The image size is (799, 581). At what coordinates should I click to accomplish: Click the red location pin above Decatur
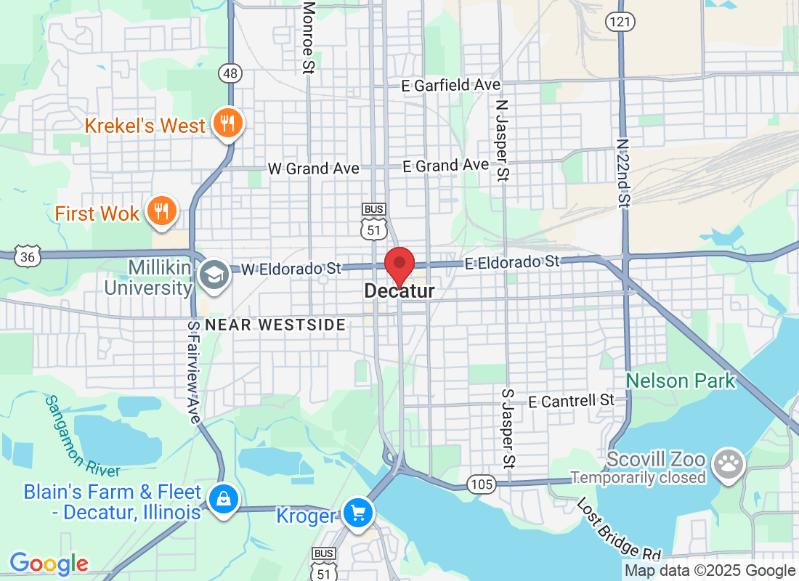[x=399, y=263]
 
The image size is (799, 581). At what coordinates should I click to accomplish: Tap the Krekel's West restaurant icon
[x=227, y=124]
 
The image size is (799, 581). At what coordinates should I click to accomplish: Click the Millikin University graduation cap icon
[x=214, y=275]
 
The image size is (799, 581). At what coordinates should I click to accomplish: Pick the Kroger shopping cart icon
[x=357, y=513]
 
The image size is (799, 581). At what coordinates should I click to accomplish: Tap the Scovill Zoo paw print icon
[x=727, y=463]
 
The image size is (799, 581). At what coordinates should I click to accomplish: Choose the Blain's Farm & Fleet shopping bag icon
[x=224, y=499]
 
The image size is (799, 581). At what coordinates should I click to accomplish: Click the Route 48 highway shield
[x=230, y=73]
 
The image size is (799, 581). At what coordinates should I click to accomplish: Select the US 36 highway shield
[x=28, y=256]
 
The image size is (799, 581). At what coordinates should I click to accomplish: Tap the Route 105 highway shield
[x=481, y=484]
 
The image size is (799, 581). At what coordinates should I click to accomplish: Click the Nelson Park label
[x=681, y=380]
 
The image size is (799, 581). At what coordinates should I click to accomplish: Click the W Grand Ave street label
[x=313, y=168]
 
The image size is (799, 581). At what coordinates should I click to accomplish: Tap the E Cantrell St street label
[x=571, y=400]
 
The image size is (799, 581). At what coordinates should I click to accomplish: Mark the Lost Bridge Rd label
[x=609, y=528]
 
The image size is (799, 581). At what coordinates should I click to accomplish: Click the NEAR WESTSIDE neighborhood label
[x=275, y=325]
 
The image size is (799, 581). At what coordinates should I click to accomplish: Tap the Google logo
[x=49, y=563]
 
